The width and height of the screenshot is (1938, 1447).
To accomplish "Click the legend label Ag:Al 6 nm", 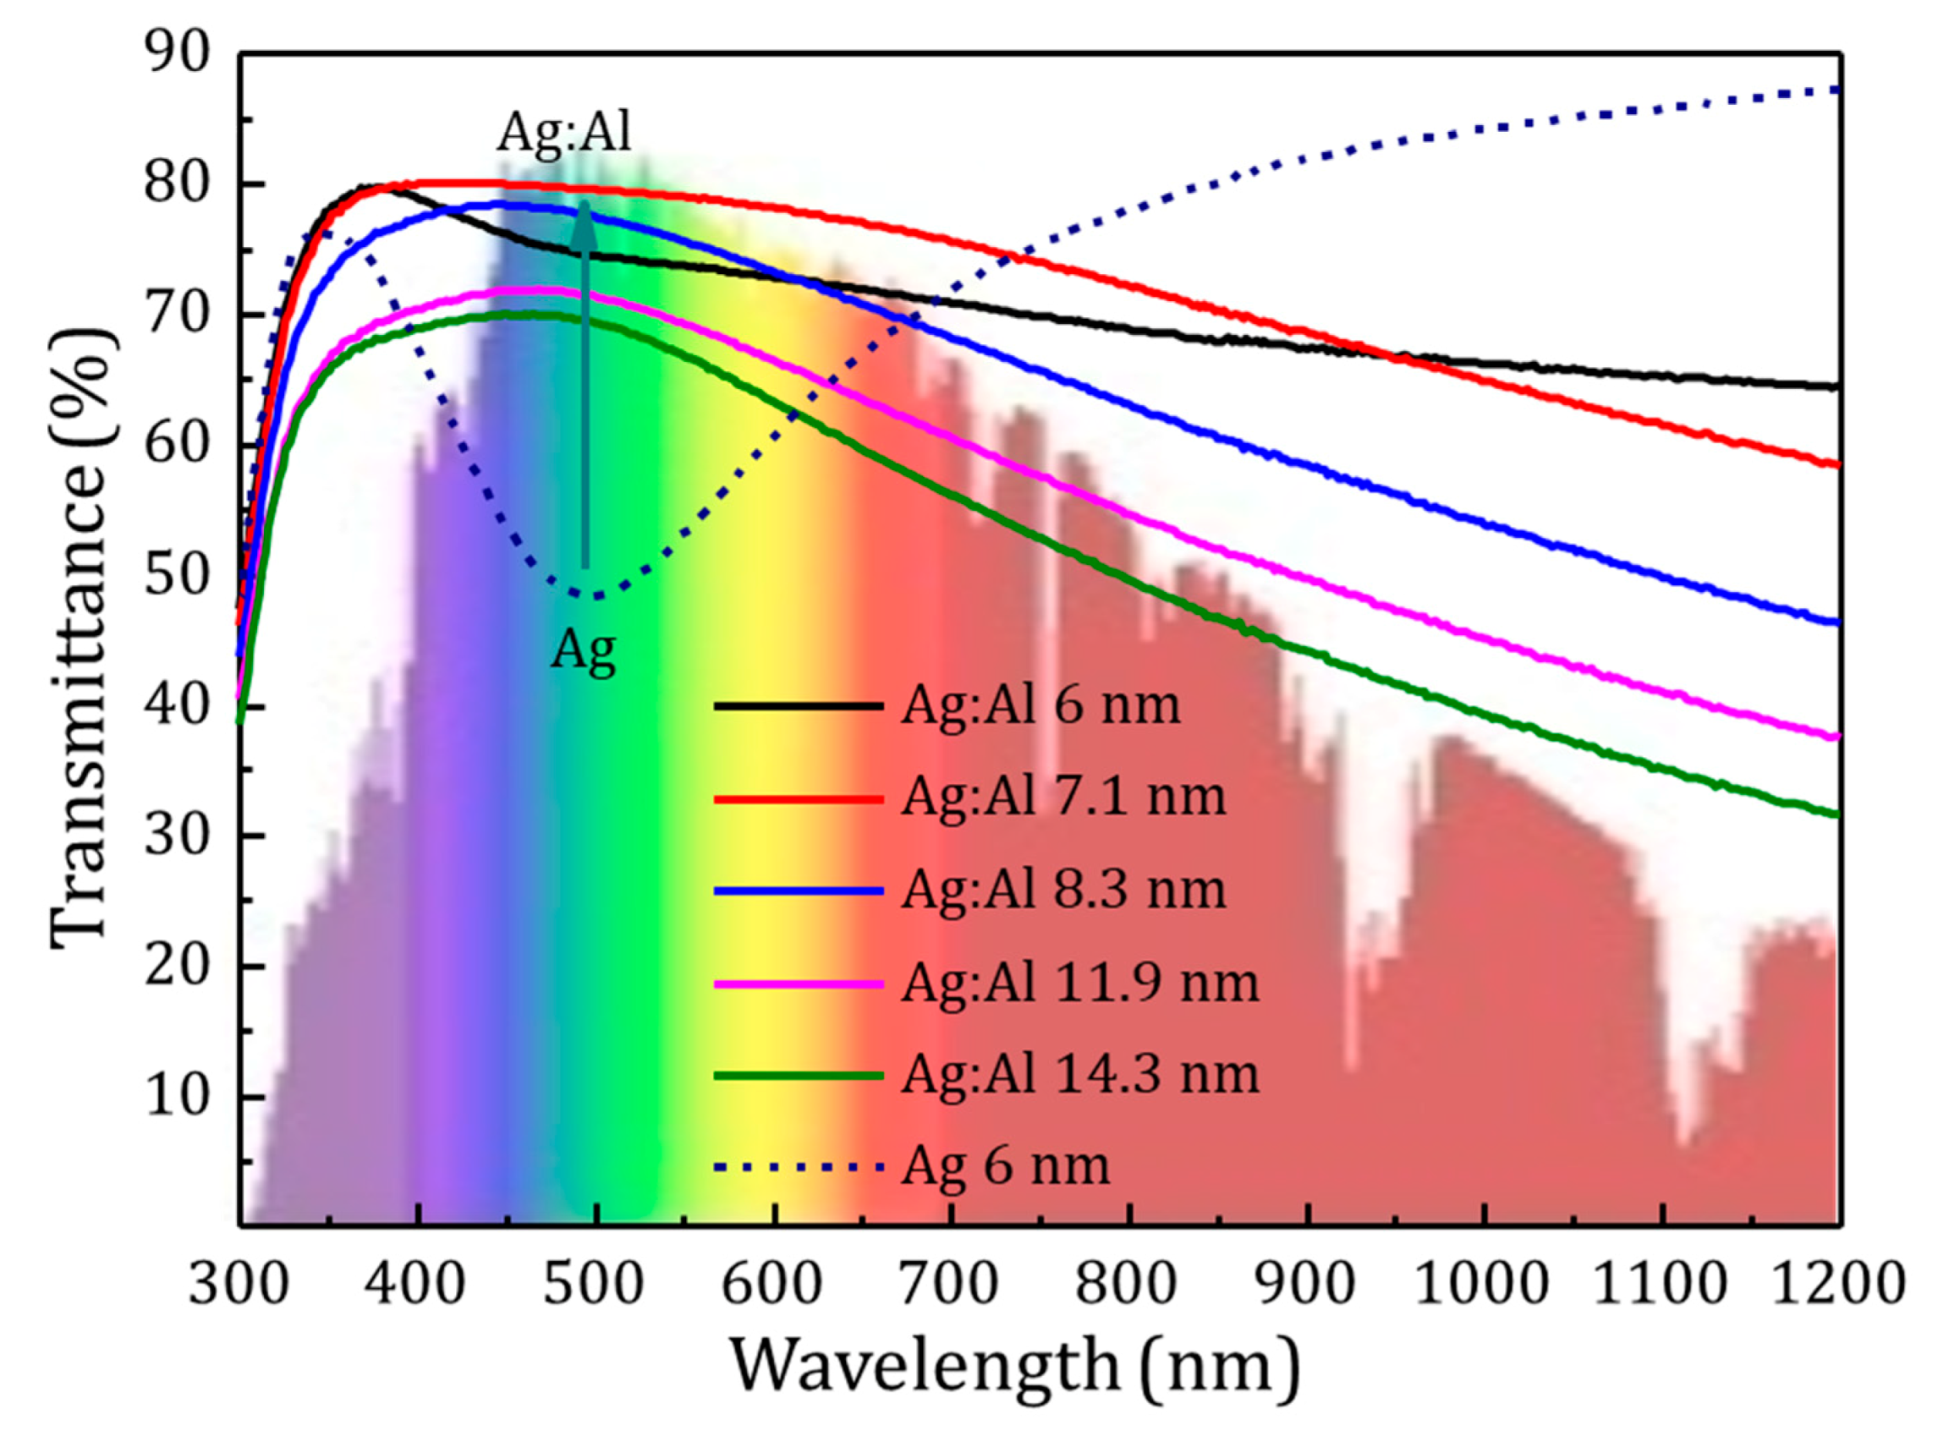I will tap(1040, 704).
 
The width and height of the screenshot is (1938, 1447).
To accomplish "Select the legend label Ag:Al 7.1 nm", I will tap(1062, 797).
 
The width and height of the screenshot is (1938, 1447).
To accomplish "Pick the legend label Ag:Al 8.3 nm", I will tap(1062, 890).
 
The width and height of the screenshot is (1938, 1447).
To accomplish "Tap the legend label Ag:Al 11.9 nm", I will tap(1079, 983).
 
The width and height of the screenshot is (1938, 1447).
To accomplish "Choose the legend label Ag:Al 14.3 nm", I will tap(1079, 1075).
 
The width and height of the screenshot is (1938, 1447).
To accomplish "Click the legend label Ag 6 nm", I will tap(1006, 1167).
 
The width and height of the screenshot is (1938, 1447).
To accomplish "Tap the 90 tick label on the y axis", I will tap(178, 54).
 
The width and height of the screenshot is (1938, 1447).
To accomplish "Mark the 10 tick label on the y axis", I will tap(178, 1097).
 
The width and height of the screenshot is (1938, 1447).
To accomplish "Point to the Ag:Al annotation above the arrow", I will tap(564, 133).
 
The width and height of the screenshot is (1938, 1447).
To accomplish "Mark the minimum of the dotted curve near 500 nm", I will tap(594, 595).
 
